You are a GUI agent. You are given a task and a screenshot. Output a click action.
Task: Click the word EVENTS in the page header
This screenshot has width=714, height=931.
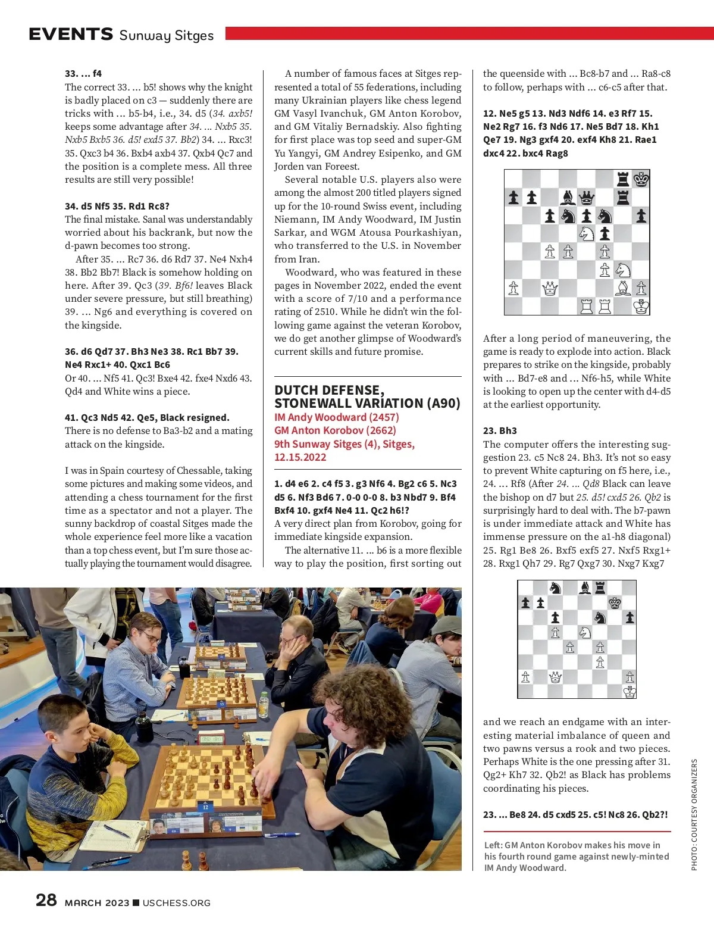pos(71,34)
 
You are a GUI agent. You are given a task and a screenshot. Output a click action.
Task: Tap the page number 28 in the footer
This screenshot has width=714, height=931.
pos(46,899)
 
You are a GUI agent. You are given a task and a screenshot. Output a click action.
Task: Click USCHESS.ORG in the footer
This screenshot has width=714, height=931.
pos(176,902)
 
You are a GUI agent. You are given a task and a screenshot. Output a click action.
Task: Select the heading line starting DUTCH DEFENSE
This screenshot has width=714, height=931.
pos(329,390)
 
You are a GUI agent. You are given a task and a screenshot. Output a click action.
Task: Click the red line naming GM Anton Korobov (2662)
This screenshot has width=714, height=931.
pos(335,430)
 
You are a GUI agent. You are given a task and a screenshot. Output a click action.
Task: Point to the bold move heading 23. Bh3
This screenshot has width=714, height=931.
pos(500,430)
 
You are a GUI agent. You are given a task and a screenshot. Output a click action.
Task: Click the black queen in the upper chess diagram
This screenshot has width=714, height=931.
pos(587,197)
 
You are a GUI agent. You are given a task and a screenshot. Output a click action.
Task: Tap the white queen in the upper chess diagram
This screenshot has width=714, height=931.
pos(550,289)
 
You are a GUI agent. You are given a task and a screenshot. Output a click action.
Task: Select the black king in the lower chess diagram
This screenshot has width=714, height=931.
pos(615,603)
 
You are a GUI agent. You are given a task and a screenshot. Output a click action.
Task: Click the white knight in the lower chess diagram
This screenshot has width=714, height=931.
pos(585,632)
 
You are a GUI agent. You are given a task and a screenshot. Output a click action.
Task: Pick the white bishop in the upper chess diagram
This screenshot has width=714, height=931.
pos(623,289)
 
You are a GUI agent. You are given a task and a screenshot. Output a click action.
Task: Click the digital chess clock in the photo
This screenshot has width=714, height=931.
pos(211,740)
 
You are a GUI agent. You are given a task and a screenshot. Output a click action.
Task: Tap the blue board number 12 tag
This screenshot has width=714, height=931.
pos(205,807)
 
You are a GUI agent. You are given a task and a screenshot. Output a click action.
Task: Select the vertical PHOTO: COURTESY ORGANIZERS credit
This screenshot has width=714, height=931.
pos(694,814)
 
